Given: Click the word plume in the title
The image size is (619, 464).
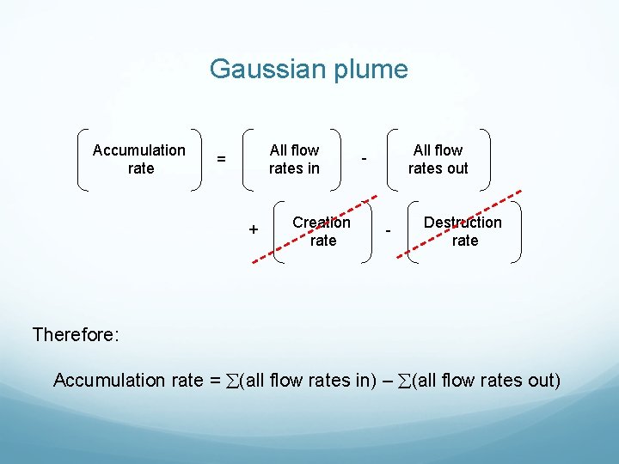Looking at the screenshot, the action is click(371, 69).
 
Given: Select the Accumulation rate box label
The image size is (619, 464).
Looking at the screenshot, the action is click(139, 159).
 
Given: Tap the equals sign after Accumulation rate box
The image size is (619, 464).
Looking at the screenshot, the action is click(222, 159).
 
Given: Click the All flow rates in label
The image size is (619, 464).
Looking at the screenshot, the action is click(294, 159).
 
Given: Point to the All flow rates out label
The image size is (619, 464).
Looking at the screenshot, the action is click(438, 159).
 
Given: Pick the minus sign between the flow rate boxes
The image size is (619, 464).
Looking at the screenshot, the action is click(365, 159).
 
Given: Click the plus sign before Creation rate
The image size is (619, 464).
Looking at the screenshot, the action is click(254, 230).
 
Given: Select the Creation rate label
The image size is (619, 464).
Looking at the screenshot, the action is click(322, 231).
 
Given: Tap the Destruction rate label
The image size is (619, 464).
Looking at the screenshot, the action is click(463, 231).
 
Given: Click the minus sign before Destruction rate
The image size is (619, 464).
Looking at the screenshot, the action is click(388, 231).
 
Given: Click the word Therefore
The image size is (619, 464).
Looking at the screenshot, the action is click(75, 334).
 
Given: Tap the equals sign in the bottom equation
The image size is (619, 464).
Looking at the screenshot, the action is click(215, 380).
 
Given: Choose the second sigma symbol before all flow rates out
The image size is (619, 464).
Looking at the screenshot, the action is click(404, 380).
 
